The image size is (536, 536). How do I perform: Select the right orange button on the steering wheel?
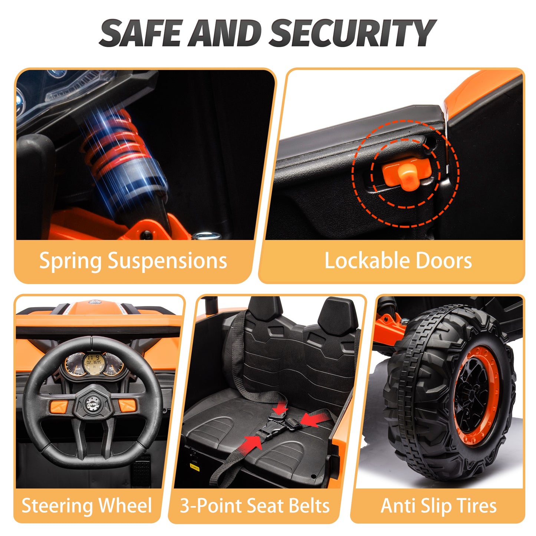pos(127,406)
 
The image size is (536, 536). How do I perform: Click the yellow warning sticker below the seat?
pos(194,467)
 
